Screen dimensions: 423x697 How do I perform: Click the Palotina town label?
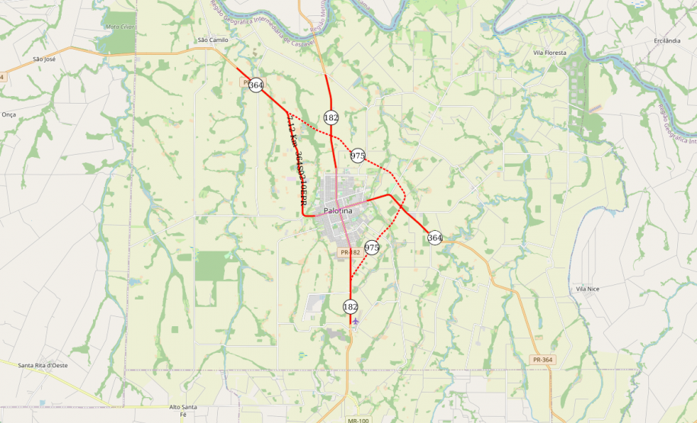(337, 210)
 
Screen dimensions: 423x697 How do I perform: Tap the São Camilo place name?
(213, 40)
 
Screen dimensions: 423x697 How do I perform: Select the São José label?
(44, 59)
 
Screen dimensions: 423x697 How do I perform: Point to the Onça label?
(9, 114)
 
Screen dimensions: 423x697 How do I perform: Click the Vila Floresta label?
(550, 53)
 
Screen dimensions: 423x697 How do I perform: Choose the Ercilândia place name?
(667, 40)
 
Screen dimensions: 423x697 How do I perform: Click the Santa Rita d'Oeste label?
(43, 366)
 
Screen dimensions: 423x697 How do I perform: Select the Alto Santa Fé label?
(184, 410)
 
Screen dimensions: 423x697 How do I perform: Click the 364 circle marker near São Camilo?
(256, 86)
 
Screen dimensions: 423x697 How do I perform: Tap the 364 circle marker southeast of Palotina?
(434, 238)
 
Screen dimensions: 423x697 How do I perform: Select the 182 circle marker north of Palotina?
(331, 117)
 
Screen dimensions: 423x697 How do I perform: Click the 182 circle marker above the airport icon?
(350, 306)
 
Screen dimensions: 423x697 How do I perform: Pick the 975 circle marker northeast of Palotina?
(358, 155)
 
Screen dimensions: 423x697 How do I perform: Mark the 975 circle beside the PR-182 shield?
(372, 248)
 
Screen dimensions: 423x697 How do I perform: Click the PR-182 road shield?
(350, 252)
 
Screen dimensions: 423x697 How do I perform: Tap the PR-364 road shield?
(542, 359)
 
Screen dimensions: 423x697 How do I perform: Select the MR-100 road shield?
(357, 420)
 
